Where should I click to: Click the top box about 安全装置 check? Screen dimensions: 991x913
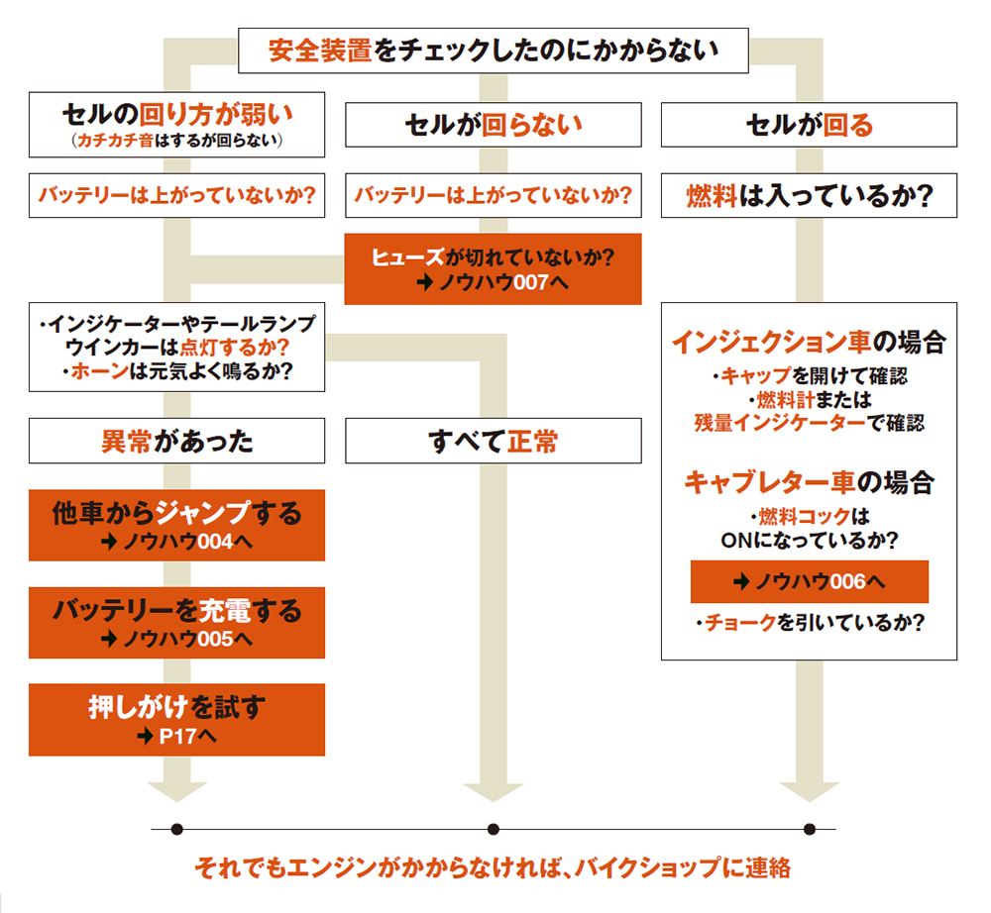(493, 51)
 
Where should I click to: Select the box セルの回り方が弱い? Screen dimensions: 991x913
(177, 125)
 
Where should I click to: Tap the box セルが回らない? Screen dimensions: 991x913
(493, 125)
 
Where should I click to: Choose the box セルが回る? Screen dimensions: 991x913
(809, 125)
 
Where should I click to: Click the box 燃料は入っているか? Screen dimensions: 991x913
(809, 195)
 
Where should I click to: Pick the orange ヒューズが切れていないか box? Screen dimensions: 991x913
(493, 269)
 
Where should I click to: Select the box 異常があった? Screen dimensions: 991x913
(177, 441)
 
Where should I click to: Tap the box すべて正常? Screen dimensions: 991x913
(493, 441)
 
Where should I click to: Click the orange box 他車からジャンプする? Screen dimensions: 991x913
(177, 526)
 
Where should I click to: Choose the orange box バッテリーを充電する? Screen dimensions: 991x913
(177, 623)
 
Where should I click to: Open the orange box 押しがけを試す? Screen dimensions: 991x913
(177, 720)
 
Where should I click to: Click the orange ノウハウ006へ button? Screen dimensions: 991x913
(809, 581)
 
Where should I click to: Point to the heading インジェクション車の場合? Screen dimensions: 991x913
(809, 343)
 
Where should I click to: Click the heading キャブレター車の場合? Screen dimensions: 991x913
(809, 482)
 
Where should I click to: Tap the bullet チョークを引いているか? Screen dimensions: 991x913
(810, 623)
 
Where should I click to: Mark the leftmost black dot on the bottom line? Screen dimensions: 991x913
(177, 829)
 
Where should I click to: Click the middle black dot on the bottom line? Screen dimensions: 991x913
(494, 829)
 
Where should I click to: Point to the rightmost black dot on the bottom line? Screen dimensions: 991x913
(810, 829)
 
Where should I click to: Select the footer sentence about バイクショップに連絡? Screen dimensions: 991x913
(493, 867)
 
